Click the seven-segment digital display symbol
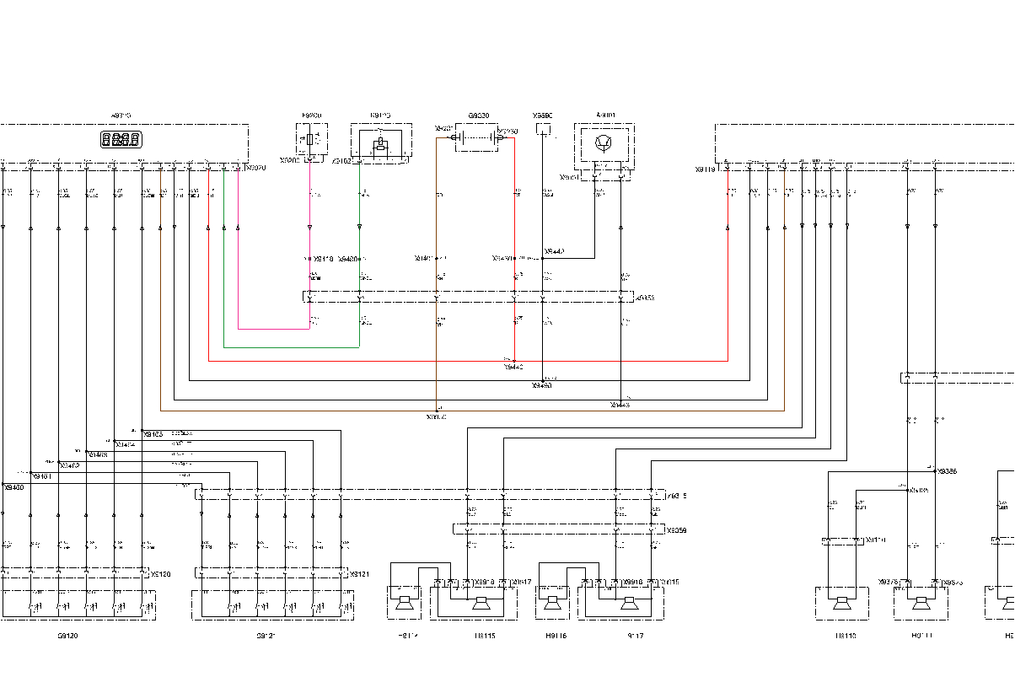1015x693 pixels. click(121, 140)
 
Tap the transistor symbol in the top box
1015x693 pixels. click(604, 142)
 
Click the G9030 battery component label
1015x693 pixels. click(478, 115)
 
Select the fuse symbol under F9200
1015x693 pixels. click(311, 138)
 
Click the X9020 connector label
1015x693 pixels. click(255, 169)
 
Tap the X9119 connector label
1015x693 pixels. click(705, 169)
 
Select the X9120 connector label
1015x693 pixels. click(160, 574)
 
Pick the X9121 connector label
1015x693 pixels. click(360, 574)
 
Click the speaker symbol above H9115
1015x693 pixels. click(481, 603)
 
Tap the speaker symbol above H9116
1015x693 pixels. click(552, 603)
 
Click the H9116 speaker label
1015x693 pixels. click(556, 637)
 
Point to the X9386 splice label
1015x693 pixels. click(947, 471)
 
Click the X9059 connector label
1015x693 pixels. click(676, 531)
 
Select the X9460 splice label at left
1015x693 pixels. click(13, 487)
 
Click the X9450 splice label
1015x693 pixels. click(541, 385)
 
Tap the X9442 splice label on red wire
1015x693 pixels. click(513, 368)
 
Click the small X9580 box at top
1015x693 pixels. click(543, 129)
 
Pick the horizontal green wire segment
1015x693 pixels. click(291, 346)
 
